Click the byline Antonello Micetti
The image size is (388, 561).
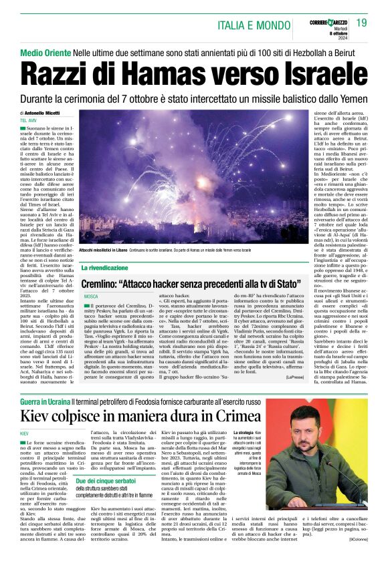[x=43, y=114]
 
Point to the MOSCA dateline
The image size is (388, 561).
[x=91, y=295]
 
